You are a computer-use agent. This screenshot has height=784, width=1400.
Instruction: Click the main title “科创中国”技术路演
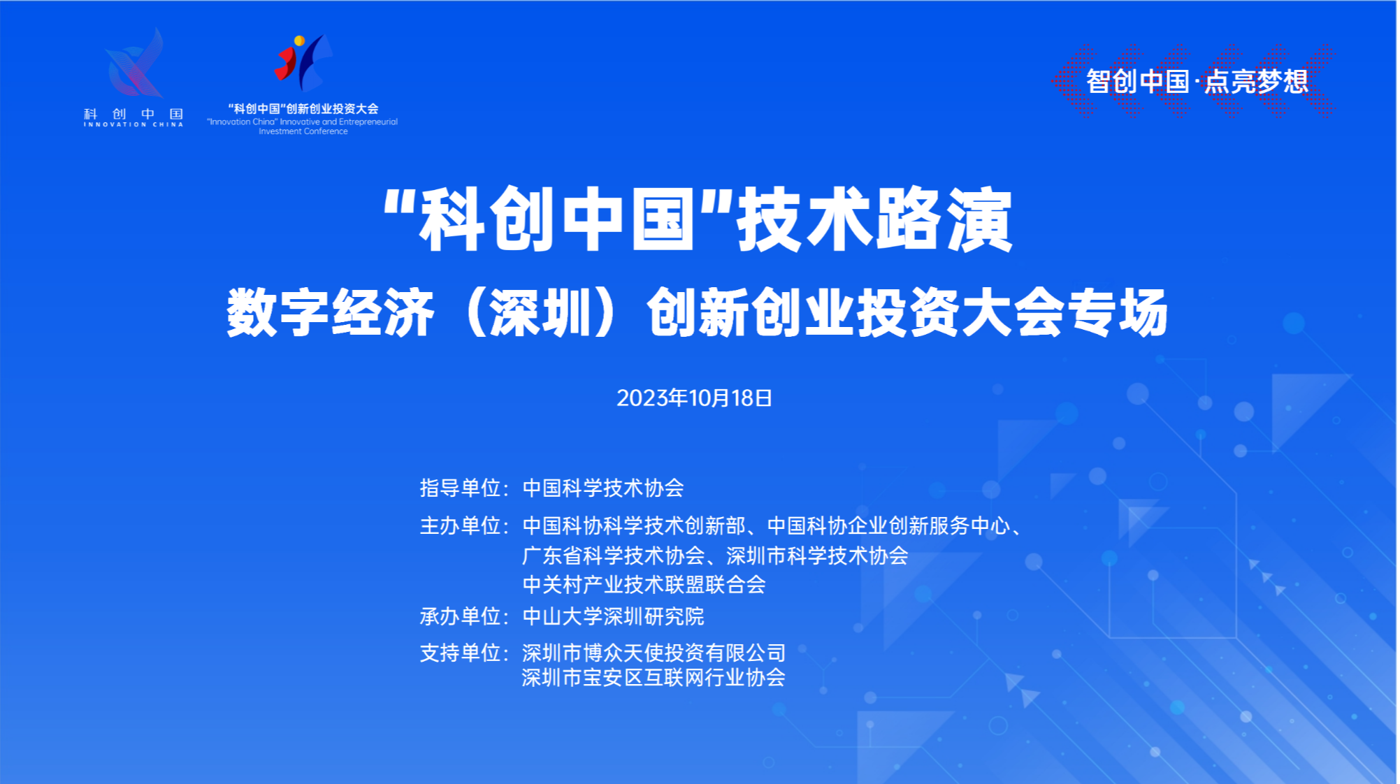pyautogui.click(x=698, y=219)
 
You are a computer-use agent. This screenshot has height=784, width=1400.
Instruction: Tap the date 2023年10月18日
pyautogui.click(x=694, y=398)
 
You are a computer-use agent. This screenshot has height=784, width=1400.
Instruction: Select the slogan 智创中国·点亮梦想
pyautogui.click(x=1197, y=82)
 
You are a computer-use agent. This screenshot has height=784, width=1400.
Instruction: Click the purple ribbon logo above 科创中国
pyautogui.click(x=135, y=64)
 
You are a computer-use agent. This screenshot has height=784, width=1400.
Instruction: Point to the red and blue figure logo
pyautogui.click(x=303, y=62)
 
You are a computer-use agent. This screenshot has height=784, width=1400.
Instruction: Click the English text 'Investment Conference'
pyautogui.click(x=303, y=131)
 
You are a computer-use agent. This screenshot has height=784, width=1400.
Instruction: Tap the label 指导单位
pyautogui.click(x=460, y=488)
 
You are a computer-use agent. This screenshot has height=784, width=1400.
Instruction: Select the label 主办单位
pyautogui.click(x=460, y=525)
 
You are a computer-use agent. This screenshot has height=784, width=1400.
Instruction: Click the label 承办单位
pyautogui.click(x=460, y=616)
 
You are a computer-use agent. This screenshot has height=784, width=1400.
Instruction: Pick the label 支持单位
pyautogui.click(x=460, y=653)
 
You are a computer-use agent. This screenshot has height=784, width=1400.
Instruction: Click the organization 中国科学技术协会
pyautogui.click(x=603, y=488)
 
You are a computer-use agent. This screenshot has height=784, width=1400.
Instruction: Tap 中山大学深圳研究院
pyautogui.click(x=613, y=616)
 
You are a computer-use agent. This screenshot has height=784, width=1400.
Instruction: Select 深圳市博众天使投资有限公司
pyautogui.click(x=654, y=653)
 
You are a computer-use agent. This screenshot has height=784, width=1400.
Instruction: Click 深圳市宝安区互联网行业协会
pyautogui.click(x=654, y=677)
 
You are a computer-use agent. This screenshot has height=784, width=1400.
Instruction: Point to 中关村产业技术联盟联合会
pyautogui.click(x=644, y=584)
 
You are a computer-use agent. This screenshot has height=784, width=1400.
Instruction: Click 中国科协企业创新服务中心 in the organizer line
pyautogui.click(x=888, y=525)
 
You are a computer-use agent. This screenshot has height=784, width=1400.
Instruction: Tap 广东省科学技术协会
pyautogui.click(x=613, y=556)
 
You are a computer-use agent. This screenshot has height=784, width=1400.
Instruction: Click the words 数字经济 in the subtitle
pyautogui.click(x=331, y=313)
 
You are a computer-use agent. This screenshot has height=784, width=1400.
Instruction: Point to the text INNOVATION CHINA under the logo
pyautogui.click(x=133, y=124)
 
